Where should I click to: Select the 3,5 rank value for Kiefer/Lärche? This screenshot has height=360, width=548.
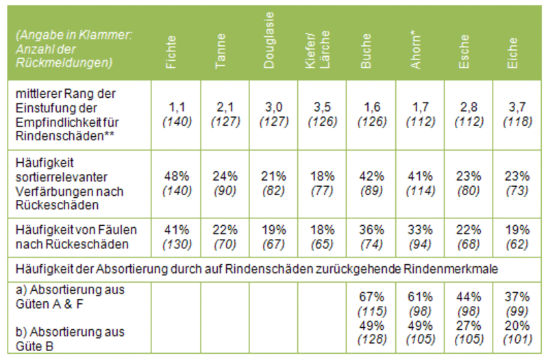pos(321,107)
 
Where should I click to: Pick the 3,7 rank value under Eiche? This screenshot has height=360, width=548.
pos(516,107)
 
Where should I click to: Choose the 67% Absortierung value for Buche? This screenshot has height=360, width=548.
pos(370,297)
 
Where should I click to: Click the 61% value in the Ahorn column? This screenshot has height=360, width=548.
pos(419,297)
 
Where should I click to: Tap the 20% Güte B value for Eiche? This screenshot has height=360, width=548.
pos(516,324)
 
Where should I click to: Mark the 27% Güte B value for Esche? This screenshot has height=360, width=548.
pos(467,324)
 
